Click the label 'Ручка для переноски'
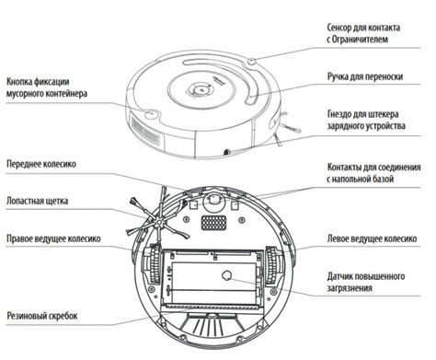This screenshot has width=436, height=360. click(x=365, y=76)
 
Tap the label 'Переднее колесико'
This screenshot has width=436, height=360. click(x=41, y=164)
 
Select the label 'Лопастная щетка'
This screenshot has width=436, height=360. click(x=37, y=201)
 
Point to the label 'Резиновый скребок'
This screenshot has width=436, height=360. click(x=42, y=316)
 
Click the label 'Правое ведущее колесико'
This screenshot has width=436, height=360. click(x=53, y=238)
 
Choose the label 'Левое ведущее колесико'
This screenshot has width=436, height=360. click(x=372, y=238)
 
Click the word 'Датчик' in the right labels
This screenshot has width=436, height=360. click(x=339, y=276)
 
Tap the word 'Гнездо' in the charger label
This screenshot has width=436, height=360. click(x=340, y=114)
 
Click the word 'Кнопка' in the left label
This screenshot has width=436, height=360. click(x=19, y=82)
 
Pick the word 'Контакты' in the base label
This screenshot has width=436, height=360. click(x=344, y=168)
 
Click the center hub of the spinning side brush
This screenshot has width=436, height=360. click(x=158, y=221)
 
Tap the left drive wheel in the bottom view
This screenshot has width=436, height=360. click(x=272, y=264)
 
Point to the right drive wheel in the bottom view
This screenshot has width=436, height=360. click(x=154, y=264)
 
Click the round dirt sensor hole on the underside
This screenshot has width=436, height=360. click(x=226, y=275)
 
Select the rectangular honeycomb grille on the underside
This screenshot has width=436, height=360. click(x=213, y=223)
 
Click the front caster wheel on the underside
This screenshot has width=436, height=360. click(x=213, y=200)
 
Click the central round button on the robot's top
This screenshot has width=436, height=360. click(x=201, y=89)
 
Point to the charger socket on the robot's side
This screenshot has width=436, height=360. click(x=227, y=151)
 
